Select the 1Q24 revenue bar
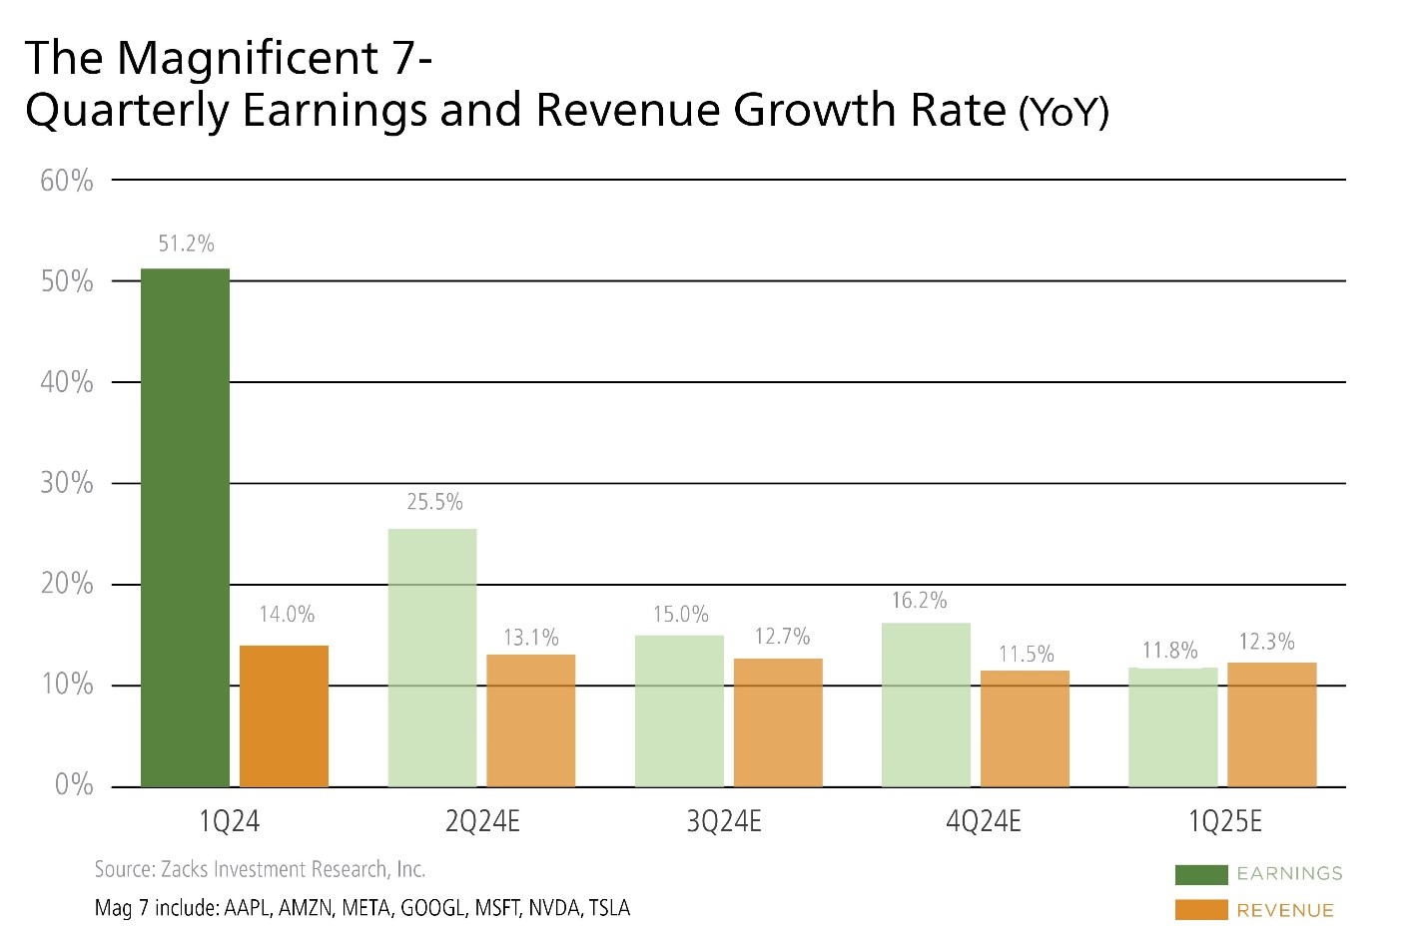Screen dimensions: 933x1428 [x=284, y=715]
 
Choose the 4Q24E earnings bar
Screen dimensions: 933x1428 [x=926, y=704]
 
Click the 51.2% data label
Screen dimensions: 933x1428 [x=186, y=243]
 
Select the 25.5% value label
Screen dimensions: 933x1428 [x=434, y=502]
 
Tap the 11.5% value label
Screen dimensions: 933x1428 [x=1027, y=655]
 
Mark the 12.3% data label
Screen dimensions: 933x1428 [x=1266, y=642]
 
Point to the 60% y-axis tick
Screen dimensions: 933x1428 [x=67, y=181]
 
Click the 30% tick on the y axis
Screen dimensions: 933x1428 [x=67, y=483]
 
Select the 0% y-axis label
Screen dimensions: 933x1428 [x=74, y=784]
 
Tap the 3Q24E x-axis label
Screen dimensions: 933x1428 [x=724, y=822]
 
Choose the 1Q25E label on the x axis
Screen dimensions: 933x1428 [x=1224, y=822]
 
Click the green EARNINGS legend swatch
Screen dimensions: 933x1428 [x=1200, y=874]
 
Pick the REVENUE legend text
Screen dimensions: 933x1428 [x=1284, y=910]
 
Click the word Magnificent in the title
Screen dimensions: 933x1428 [x=248, y=58]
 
